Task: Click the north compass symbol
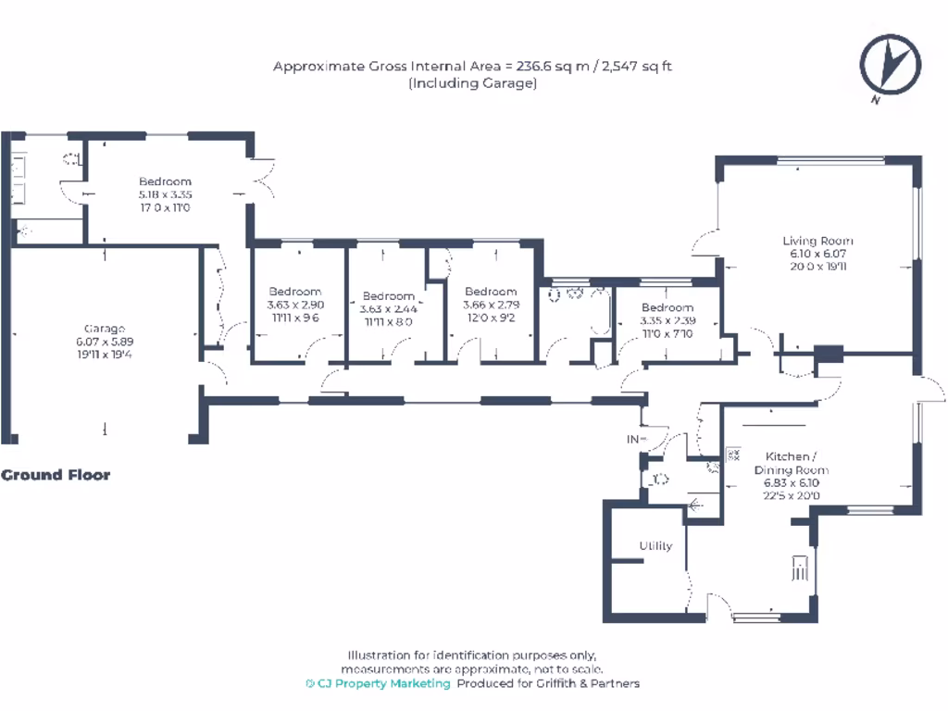(890, 64)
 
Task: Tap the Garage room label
(105, 329)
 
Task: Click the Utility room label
(655, 546)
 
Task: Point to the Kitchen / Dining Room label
(791, 463)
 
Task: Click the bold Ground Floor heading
(56, 475)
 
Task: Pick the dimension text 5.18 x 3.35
(165, 194)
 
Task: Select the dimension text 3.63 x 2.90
(294, 305)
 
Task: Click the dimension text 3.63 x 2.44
(389, 309)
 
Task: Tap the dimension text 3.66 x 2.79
(491, 305)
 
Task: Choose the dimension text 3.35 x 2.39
(667, 320)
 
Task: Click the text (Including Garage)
(472, 82)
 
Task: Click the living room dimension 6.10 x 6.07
(817, 254)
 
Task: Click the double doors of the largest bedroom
(264, 176)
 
